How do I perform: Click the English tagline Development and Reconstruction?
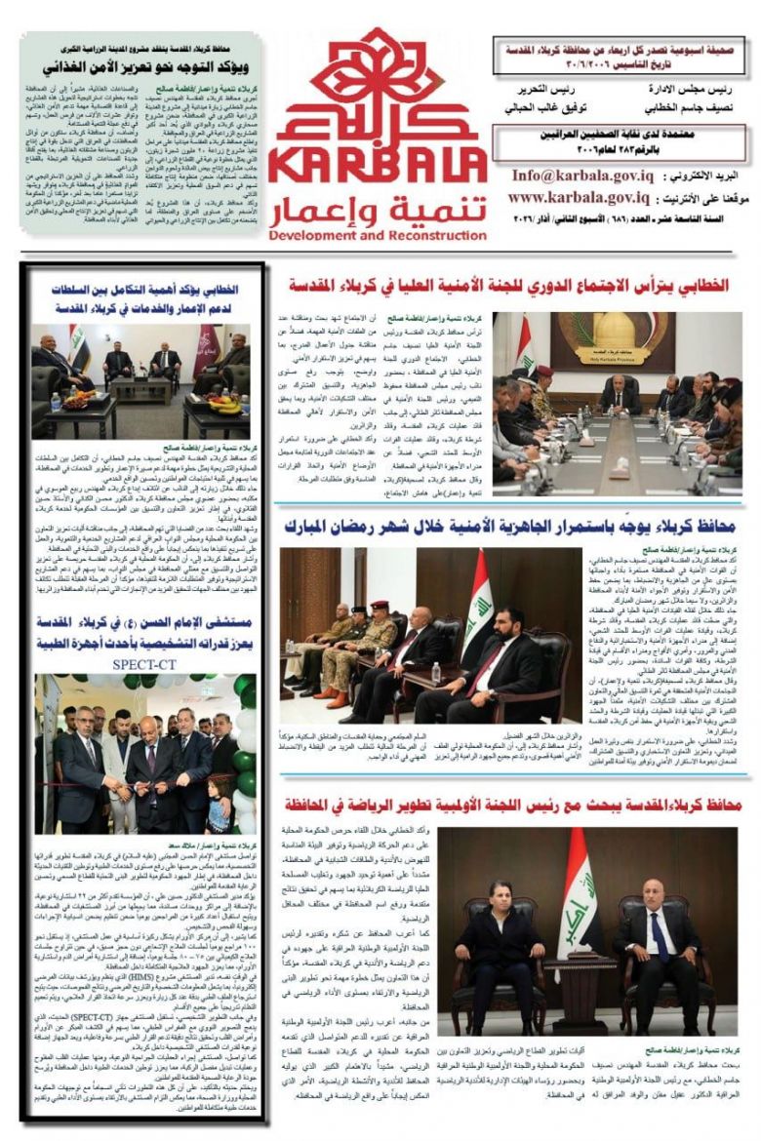(x=377, y=235)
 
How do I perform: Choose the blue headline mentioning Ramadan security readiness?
(x=507, y=528)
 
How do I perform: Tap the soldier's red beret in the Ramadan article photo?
(x=378, y=606)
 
